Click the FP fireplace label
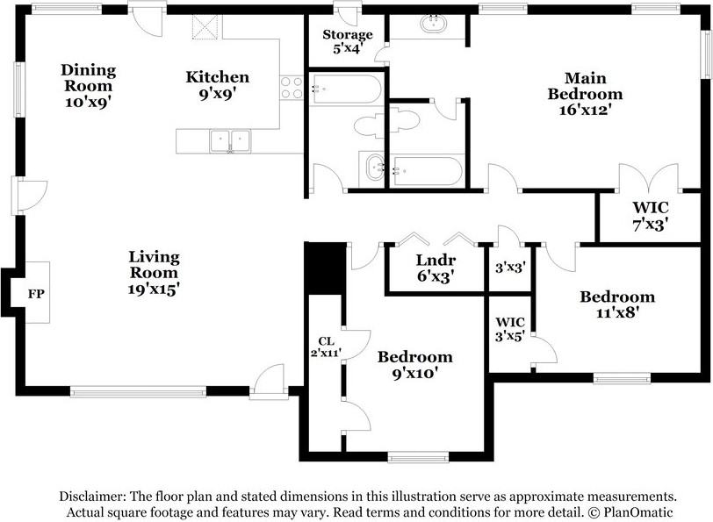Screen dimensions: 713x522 (36, 294)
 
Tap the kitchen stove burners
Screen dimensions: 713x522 (291, 88)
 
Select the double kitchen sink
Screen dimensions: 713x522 (230, 140)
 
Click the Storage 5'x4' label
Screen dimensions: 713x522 (348, 41)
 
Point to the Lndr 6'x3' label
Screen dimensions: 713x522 (436, 268)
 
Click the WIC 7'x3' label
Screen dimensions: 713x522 (651, 216)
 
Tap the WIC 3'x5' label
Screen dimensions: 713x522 (510, 329)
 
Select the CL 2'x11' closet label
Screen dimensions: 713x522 (326, 347)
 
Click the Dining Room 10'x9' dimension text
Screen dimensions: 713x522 (88, 103)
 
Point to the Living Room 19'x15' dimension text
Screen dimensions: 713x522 (154, 289)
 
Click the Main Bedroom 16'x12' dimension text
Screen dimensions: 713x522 (585, 110)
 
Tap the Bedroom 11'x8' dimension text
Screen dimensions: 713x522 (617, 312)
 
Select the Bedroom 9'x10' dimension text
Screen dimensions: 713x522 (414, 373)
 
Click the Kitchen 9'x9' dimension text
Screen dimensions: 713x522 (218, 93)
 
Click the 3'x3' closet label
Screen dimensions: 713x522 (510, 267)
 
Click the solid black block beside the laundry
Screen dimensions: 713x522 (325, 268)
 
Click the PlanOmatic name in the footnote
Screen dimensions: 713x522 (638, 512)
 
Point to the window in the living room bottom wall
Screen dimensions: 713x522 (138, 390)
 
